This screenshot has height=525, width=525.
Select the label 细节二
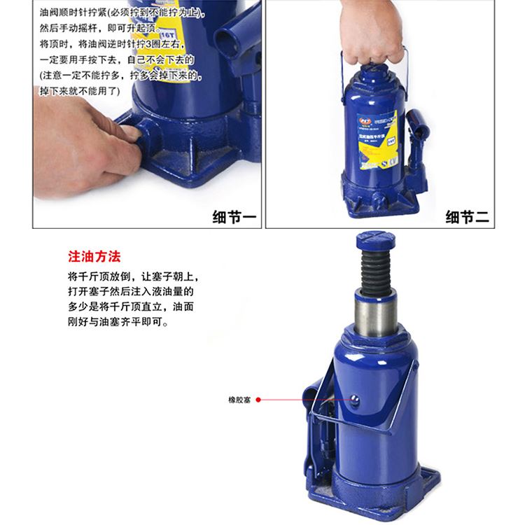pyautogui.click(x=468, y=217)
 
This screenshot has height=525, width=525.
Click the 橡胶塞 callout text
pyautogui.click(x=239, y=400)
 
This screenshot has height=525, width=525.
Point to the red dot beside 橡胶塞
pyautogui.click(x=258, y=400)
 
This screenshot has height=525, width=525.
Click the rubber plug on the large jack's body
pyautogui.click(x=355, y=400)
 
